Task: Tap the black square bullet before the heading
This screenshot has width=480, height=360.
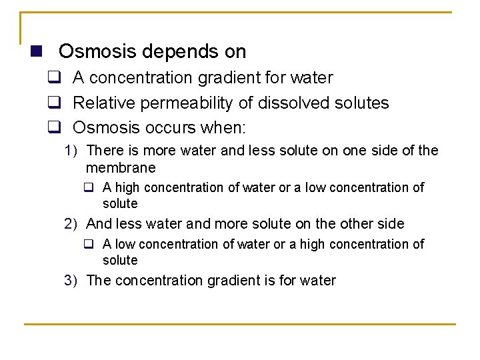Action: pos(36,51)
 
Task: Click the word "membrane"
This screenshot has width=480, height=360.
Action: pos(121,167)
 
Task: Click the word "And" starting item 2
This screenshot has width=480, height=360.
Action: pos(99,223)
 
